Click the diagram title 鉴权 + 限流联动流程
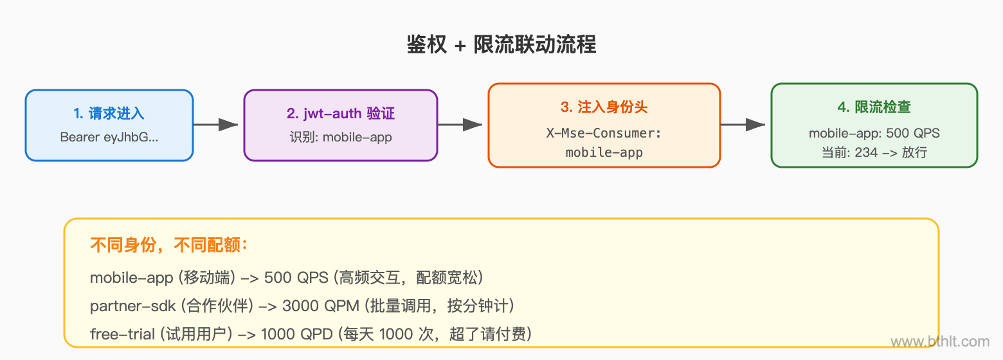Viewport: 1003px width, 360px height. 502,44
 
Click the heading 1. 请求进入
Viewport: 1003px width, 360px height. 109,114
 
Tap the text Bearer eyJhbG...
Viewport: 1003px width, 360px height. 109,137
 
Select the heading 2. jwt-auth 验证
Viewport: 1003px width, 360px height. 341,114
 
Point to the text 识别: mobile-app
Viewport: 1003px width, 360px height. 341,137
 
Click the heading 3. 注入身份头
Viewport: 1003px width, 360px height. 604,107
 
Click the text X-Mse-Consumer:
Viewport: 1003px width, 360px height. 604,134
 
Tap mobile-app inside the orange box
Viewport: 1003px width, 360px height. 604,152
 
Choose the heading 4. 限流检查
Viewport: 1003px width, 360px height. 874,107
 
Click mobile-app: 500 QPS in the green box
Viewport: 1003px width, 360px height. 874,134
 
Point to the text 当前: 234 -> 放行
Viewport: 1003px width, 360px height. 874,152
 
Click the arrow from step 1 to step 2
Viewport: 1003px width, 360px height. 217,125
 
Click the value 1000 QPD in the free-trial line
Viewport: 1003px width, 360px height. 300,334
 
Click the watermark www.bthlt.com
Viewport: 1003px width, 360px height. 940,342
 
